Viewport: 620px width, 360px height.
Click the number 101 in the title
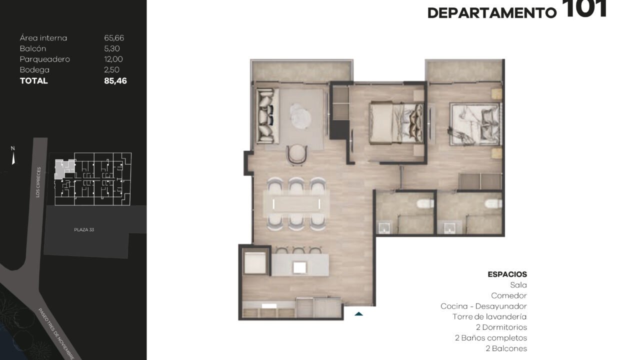584,8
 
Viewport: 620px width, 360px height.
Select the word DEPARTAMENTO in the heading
492,13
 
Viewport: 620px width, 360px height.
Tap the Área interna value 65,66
114,38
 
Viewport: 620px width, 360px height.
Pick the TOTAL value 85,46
115,81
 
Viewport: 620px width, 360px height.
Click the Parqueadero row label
45,59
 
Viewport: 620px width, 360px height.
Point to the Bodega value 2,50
111,69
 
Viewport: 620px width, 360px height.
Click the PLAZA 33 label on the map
84,229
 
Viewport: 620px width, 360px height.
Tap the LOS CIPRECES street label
38,182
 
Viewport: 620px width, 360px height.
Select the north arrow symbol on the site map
13,159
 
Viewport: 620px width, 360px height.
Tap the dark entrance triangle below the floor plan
358,313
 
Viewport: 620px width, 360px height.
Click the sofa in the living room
267,115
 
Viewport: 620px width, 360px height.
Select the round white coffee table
300,116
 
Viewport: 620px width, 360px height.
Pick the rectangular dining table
296,203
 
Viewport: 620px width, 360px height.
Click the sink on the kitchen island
300,267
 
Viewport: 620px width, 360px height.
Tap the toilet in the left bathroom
425,203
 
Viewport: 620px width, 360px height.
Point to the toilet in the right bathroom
493,203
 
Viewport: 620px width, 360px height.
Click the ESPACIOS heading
507,274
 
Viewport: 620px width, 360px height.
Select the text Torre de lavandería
489,316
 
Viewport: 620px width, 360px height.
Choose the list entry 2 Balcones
506,348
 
